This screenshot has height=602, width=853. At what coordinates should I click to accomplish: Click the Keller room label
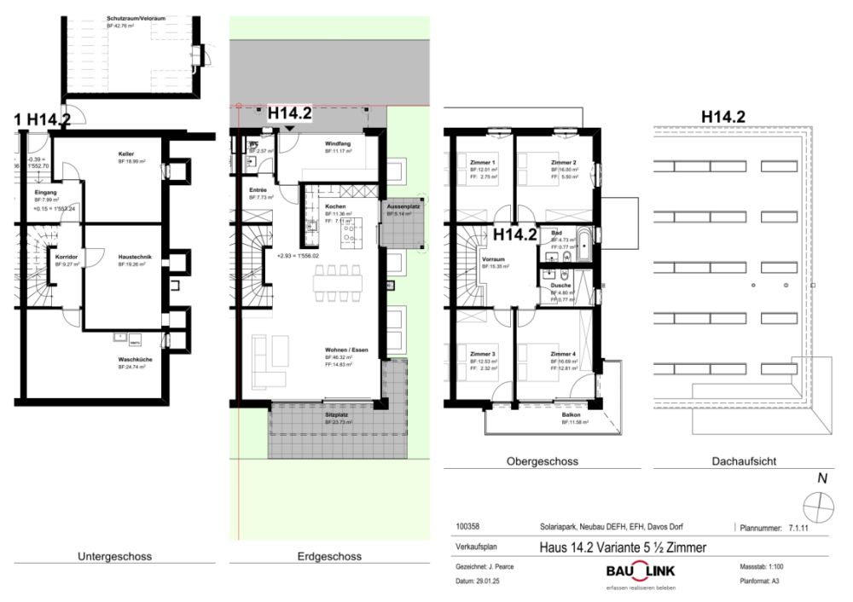pyautogui.click(x=126, y=153)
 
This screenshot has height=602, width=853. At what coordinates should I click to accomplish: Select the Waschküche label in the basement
pyautogui.click(x=135, y=359)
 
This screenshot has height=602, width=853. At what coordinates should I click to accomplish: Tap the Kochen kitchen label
pyautogui.click(x=334, y=207)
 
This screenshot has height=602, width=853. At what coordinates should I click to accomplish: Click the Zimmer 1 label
pyautogui.click(x=483, y=162)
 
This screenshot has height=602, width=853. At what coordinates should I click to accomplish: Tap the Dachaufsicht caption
pyautogui.click(x=743, y=461)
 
